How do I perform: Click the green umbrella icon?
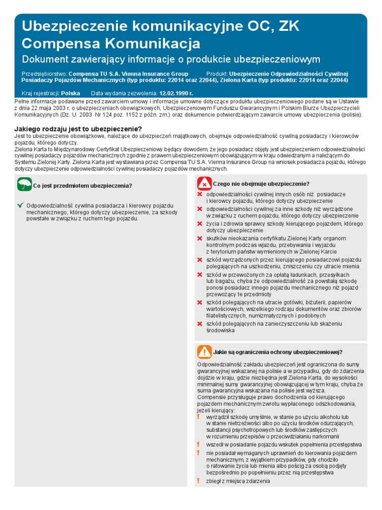coord(24,185)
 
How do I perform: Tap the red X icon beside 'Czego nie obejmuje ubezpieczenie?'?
coord(204,183)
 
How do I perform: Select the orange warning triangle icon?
coord(204,352)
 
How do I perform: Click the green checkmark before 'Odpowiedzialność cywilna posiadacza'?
coord(20,205)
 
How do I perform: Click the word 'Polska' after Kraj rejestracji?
coord(70,93)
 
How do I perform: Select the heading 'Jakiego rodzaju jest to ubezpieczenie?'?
coord(78,129)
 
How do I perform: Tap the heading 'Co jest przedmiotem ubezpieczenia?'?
coord(83,186)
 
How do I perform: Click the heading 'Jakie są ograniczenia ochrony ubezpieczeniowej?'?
coord(278,352)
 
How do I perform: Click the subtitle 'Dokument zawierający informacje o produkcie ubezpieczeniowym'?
coord(171,59)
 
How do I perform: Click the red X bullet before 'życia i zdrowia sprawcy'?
coord(200,224)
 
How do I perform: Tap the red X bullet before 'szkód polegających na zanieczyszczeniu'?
coord(200,324)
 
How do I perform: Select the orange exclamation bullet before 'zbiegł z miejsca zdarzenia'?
coord(199,481)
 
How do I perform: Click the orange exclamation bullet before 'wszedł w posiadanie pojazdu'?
coord(199,444)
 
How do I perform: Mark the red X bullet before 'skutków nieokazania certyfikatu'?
coord(200,239)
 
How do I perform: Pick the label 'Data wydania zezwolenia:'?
coord(124,93)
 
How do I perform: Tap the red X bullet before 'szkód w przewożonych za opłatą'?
coord(200,274)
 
